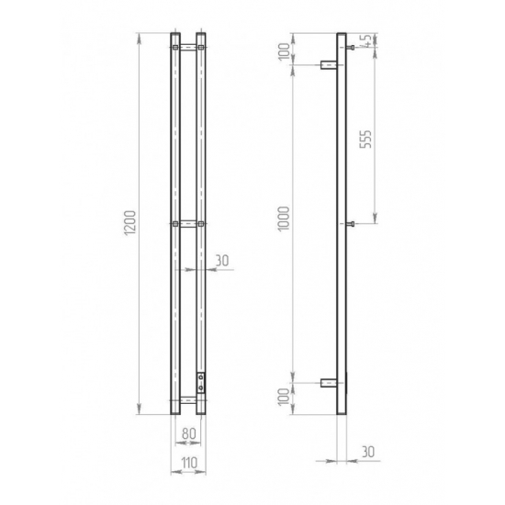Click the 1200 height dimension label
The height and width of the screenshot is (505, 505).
coord(130,223)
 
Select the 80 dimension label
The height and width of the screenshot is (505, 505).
coord(189,433)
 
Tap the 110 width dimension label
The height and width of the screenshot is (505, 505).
coord(189,463)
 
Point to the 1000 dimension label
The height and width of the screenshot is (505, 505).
coord(284,219)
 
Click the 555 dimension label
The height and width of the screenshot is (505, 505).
coord(365,140)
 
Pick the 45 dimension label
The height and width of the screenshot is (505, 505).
coord(366,41)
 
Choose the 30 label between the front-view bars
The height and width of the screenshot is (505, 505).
coord(221,261)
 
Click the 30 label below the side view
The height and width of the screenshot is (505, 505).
coord(368,452)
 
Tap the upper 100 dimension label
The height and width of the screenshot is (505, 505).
coord(284,51)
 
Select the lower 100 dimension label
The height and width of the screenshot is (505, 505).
coord(284,397)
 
